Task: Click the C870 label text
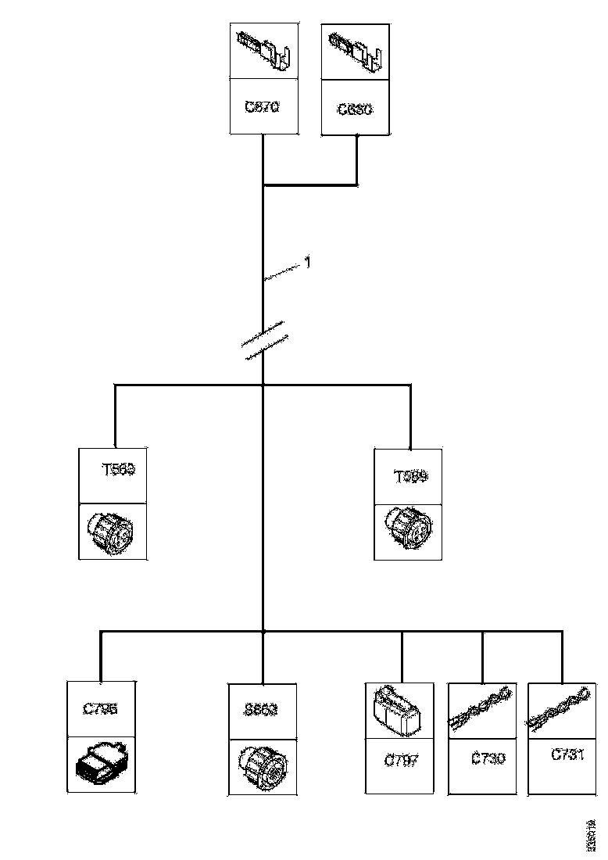click(x=262, y=107)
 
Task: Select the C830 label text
click(x=356, y=109)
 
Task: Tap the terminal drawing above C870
click(x=263, y=50)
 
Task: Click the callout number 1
click(x=307, y=263)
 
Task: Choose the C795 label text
click(x=100, y=710)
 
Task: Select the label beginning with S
click(x=261, y=711)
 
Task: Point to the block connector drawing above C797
click(x=399, y=709)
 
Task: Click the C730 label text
click(x=488, y=758)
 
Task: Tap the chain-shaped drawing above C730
click(x=481, y=708)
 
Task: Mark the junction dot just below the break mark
click(x=263, y=385)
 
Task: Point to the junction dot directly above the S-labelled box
click(x=263, y=631)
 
